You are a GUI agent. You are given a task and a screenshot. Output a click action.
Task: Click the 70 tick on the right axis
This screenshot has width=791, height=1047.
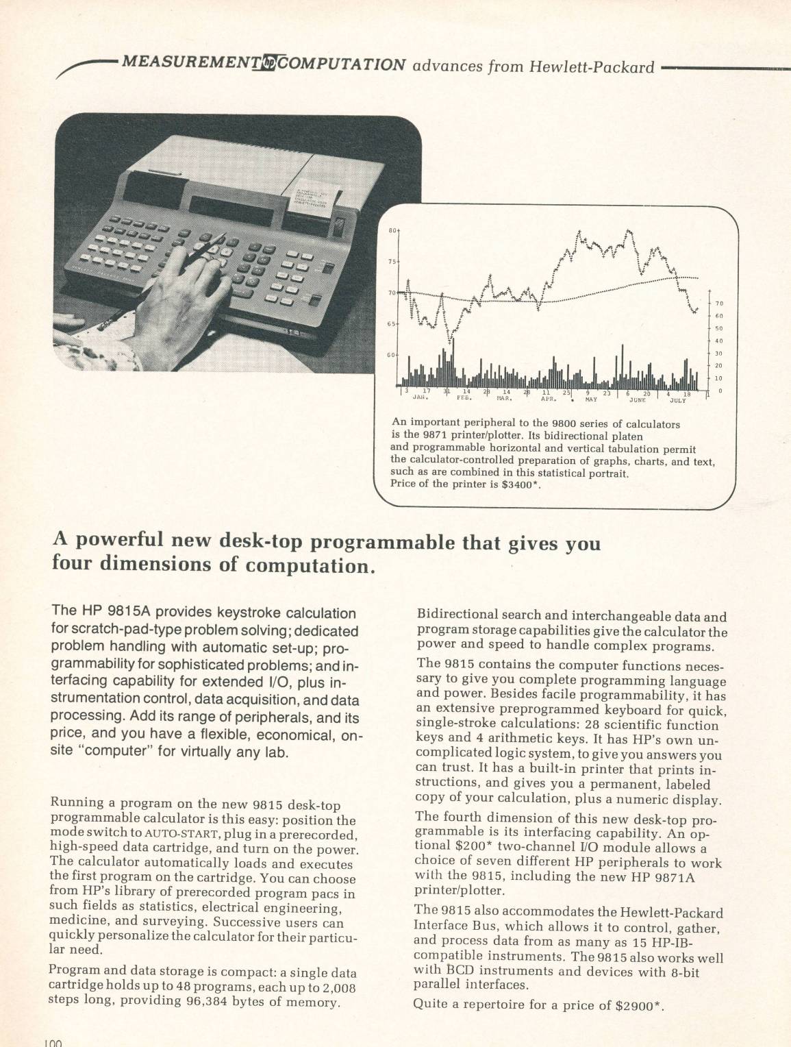point(719,304)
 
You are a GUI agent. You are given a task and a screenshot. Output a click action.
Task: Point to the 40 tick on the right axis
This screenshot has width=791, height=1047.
point(719,341)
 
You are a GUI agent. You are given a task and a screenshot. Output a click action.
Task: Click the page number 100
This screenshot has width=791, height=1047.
point(53,1042)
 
